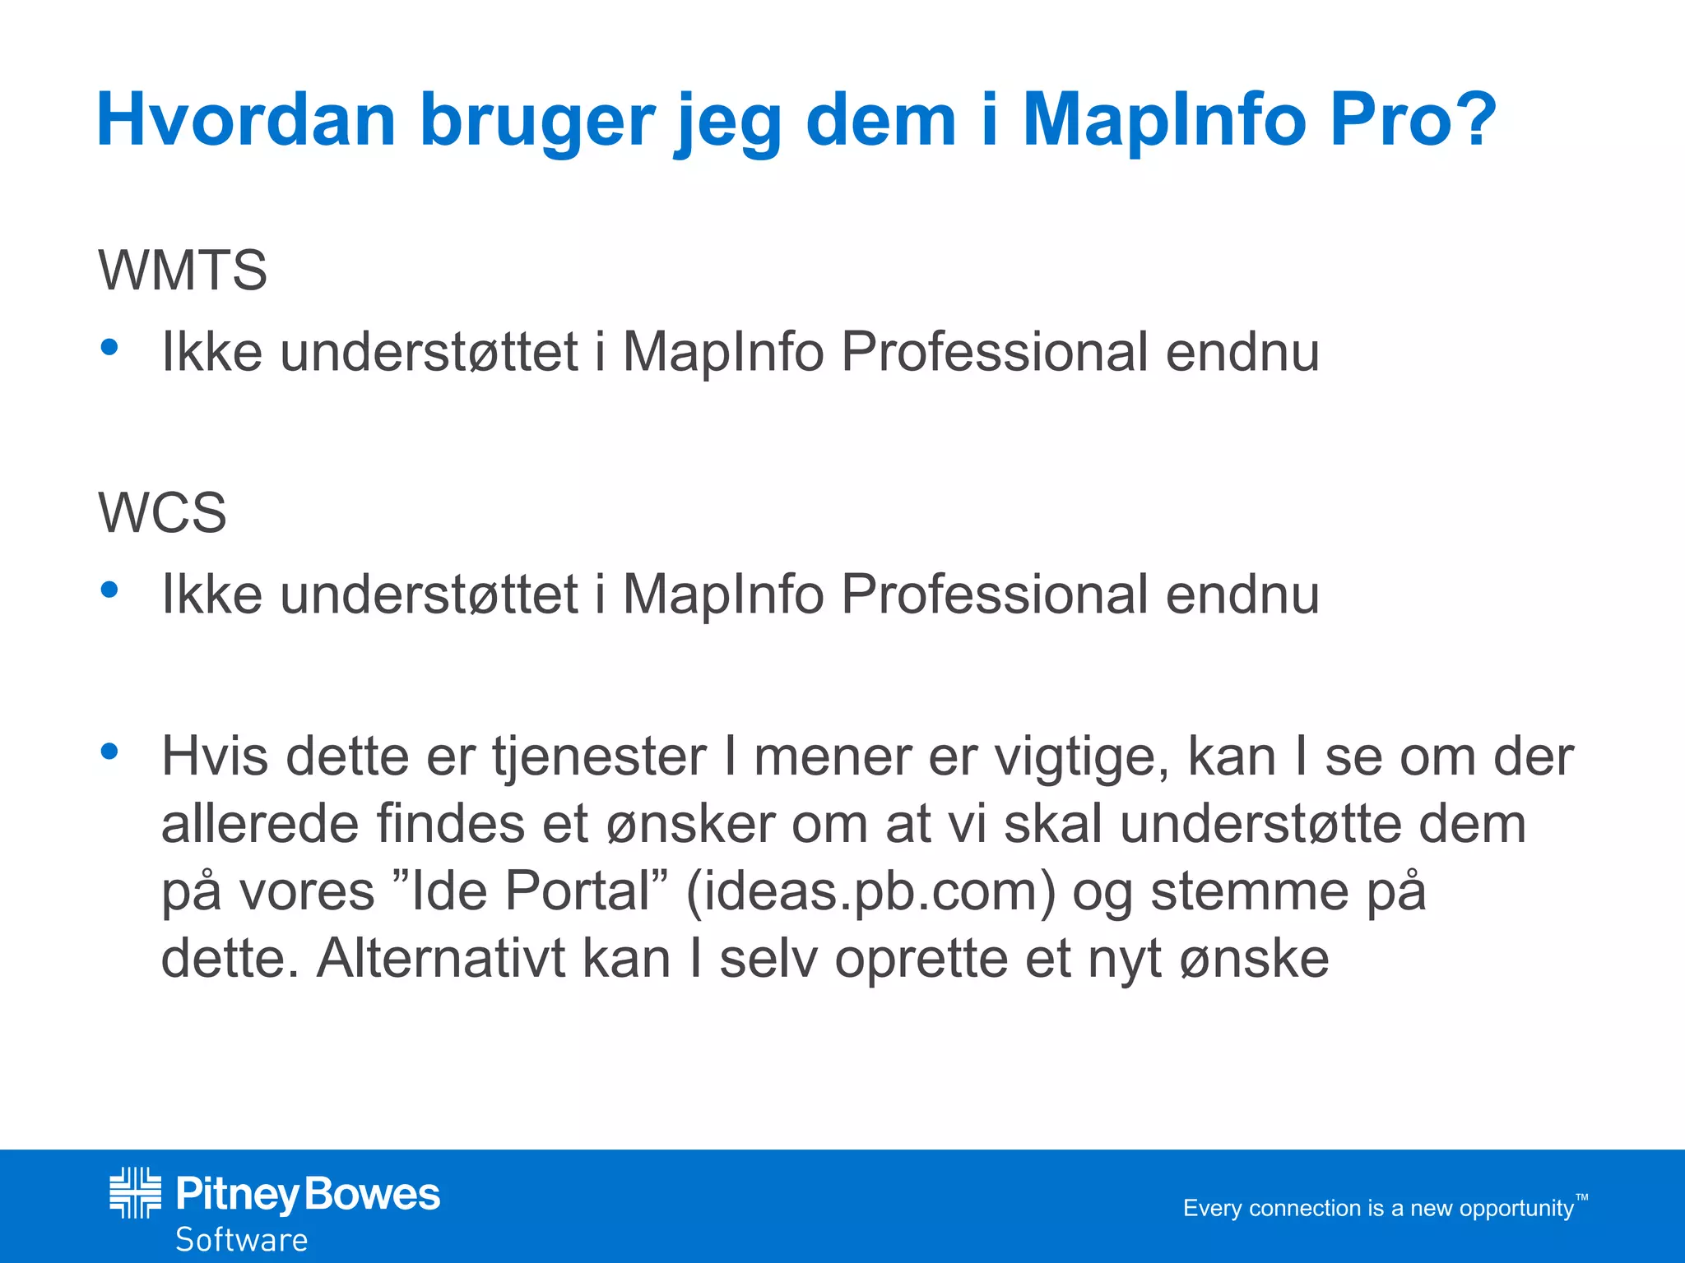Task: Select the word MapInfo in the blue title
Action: tap(1163, 121)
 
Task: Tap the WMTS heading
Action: tap(183, 270)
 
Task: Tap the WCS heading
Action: tap(162, 512)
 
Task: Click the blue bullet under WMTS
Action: tap(109, 348)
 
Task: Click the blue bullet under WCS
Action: tap(109, 590)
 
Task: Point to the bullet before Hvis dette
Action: tap(109, 751)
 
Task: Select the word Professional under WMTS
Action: tap(994, 353)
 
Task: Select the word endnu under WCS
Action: tap(1242, 594)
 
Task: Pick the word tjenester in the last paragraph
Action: tap(599, 757)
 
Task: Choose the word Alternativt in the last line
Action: tap(441, 959)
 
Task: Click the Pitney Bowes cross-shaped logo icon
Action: tap(135, 1192)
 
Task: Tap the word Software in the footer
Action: tap(242, 1240)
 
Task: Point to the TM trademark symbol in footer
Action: tap(1581, 1198)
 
